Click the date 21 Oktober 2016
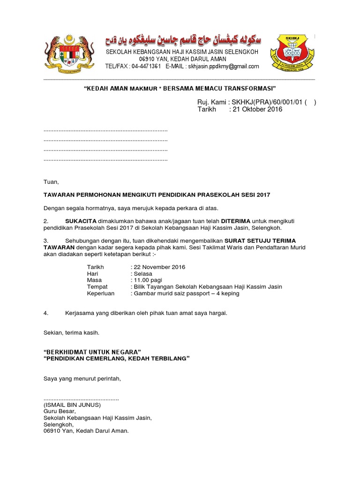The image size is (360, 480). (x=257, y=109)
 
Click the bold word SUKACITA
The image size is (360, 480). (x=81, y=220)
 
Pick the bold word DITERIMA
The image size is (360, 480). (x=236, y=220)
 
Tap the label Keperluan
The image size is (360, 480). (x=101, y=293)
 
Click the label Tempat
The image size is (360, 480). (x=97, y=287)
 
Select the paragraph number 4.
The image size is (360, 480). (x=46, y=313)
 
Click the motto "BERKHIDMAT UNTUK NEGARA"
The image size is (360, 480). (x=92, y=352)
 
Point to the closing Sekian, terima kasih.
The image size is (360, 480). (x=71, y=332)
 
